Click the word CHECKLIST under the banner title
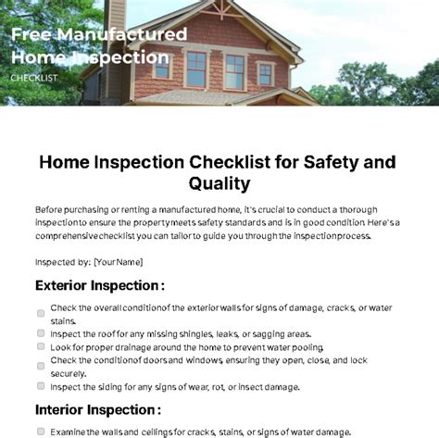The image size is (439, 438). click(34, 78)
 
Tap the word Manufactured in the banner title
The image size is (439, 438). click(122, 34)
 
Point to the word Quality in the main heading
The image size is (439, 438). click(219, 183)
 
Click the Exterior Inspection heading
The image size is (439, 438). click(100, 285)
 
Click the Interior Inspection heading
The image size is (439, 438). click(98, 410)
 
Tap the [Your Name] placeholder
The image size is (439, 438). click(119, 262)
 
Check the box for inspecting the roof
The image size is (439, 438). click(41, 333)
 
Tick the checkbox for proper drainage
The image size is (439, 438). click(41, 346)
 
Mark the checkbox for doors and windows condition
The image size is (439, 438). click(41, 366)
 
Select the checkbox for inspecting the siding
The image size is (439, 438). click(41, 386)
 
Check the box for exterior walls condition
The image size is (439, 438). click(41, 313)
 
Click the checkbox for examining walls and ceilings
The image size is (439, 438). click(41, 432)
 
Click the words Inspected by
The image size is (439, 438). click(63, 262)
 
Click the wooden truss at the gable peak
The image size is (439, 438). click(221, 9)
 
